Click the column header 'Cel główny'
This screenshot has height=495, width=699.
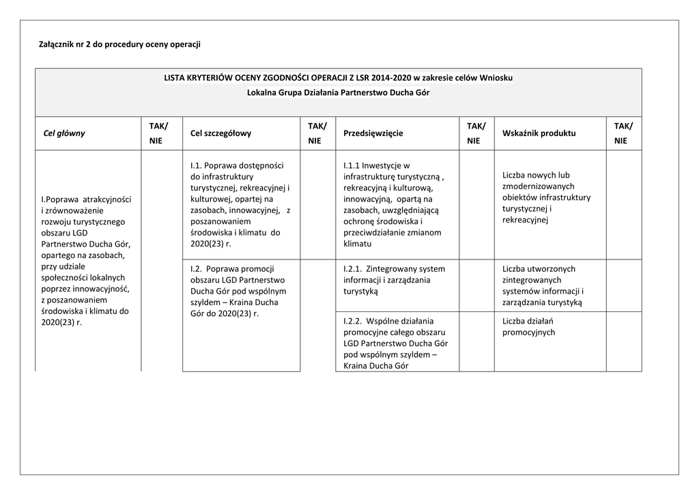pos(64,133)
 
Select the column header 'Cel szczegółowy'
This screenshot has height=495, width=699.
pos(221,133)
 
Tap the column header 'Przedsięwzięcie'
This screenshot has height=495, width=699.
pos(373,133)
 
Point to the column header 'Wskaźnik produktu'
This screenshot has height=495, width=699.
pos(539,133)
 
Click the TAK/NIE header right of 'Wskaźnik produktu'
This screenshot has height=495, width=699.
pos(623,133)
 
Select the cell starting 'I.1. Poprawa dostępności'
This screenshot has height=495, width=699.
pos(240,204)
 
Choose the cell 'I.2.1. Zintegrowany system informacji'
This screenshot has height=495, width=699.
pos(396,280)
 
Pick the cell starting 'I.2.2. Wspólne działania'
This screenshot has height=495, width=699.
pos(396,343)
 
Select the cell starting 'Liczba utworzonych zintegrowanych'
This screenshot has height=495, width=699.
pos(543,285)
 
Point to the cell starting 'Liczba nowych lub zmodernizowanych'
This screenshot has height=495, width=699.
pos(546,197)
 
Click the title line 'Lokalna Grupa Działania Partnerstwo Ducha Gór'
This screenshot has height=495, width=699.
pos(338,92)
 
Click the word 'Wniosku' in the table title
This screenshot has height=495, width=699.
pos(496,78)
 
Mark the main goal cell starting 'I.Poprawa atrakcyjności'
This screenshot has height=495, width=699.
pos(86,260)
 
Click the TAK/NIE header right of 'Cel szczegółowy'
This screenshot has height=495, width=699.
pos(317,133)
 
